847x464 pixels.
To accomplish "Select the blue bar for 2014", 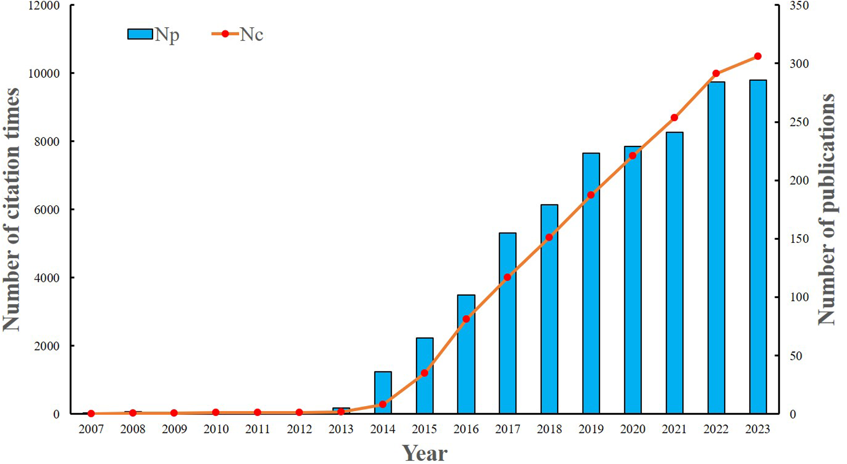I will coord(382,392).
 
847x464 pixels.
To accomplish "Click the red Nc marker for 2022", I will coord(716,74).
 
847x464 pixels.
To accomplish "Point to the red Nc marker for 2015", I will coord(424,373).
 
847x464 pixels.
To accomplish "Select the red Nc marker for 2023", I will coord(757,57).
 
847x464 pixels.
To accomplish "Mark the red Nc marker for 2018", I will coord(549,238).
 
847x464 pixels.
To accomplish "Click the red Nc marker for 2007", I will coord(91,414).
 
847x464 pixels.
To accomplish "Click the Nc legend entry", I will coord(238,34).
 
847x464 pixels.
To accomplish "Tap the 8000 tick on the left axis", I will coord(47,142).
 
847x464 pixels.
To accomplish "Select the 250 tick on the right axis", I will coord(799,122).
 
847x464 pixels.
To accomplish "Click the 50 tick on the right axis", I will coord(797,356).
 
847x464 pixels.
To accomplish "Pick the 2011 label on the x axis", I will coord(258,429).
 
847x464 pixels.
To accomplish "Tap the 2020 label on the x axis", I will coord(633,429).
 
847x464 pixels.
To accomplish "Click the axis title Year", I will coord(424,453).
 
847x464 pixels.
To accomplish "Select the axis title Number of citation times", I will coord(12,209).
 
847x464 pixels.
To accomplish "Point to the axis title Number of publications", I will coord(827,209).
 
